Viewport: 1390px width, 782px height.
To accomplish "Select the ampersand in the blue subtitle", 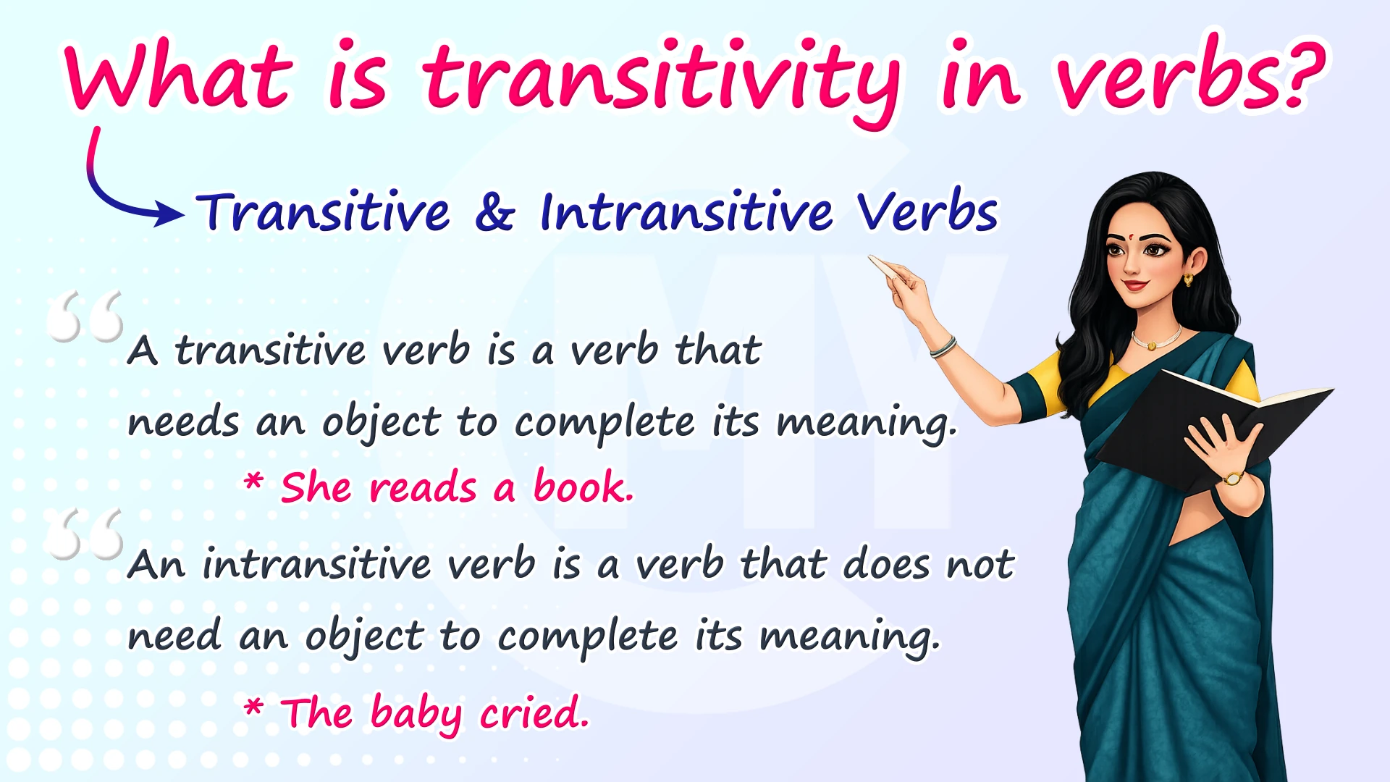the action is (495, 213).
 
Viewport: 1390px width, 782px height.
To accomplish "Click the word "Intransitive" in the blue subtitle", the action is (686, 211).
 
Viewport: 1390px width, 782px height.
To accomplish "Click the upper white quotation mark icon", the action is (85, 316).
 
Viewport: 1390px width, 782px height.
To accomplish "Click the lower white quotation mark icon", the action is (84, 534).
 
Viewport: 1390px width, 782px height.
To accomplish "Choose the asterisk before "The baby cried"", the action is (253, 706).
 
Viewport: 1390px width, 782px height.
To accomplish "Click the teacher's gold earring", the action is (1188, 279).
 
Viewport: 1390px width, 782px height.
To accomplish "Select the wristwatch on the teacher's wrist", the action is (1233, 479).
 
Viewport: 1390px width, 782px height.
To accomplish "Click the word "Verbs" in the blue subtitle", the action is (927, 211).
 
